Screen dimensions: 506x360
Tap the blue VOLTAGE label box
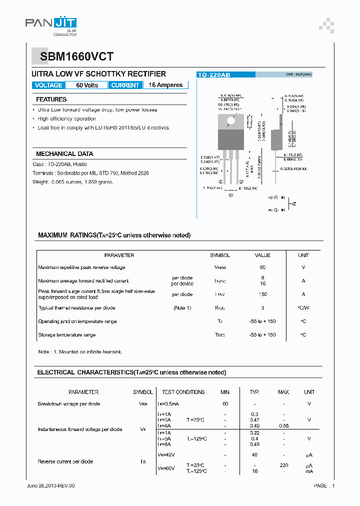pos(48,85)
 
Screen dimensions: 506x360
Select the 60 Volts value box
pos(87,85)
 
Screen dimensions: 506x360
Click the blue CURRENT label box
pos(125,85)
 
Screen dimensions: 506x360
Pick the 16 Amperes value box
pos(165,85)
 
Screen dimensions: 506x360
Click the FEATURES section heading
pos(51,99)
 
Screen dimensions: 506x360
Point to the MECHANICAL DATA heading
pos(64,154)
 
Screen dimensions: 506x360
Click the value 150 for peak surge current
pos(262,294)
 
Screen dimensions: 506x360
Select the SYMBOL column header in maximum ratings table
pos(220,255)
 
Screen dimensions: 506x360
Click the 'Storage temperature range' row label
pos(66,335)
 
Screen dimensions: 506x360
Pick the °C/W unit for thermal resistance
pos(303,308)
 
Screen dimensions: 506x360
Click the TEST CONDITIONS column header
pos(183,392)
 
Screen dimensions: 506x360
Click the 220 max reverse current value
pos(283,465)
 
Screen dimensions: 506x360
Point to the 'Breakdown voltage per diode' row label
pos(68,404)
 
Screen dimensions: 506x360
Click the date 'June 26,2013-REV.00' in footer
pos(50,486)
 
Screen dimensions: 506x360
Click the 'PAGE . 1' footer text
pos(324,486)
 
